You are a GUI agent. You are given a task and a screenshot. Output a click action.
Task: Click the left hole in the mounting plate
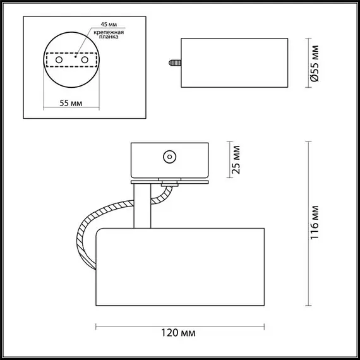pos(61,59)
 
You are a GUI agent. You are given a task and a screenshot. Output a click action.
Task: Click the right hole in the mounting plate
pos(83,59)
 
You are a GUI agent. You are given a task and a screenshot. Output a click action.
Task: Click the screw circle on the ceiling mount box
pos(169,157)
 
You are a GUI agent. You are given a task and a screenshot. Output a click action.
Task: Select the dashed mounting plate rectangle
pos(71,59)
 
